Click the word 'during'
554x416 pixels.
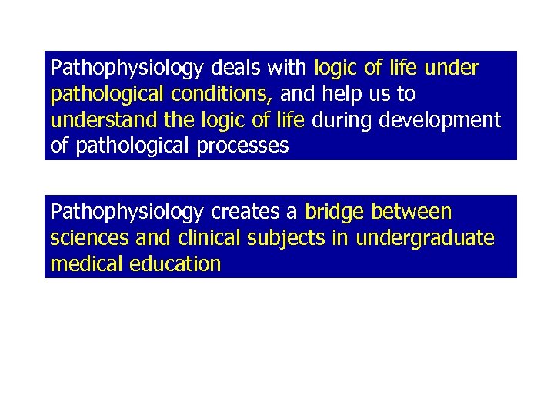point(338,121)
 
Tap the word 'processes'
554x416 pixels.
point(243,146)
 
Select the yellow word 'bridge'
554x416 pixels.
point(335,212)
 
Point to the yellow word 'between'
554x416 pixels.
point(412,212)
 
